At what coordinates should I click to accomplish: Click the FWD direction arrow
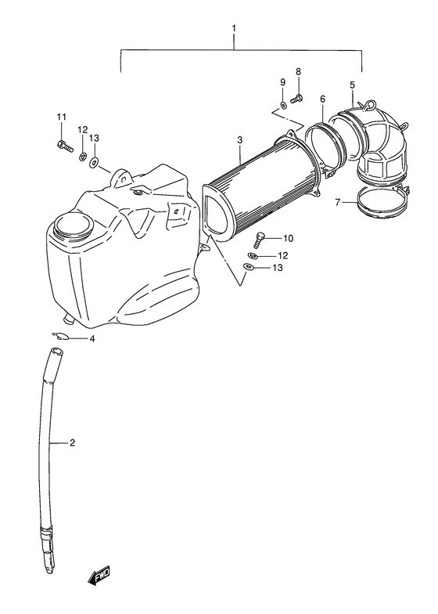99,576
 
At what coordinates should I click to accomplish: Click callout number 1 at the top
234,28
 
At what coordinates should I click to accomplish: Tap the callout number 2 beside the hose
72,443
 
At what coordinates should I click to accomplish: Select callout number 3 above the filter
239,139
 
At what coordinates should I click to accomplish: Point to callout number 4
92,338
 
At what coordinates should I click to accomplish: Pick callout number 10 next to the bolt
288,238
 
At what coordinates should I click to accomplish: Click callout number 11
61,117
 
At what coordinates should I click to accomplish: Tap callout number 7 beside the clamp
338,202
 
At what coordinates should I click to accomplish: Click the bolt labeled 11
65,146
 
